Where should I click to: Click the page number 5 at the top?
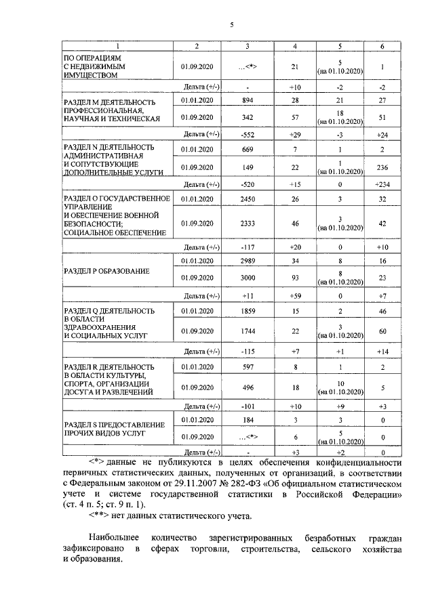[231, 25]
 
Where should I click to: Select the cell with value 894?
[248, 100]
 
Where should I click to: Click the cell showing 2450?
[248, 200]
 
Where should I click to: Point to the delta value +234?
[382, 185]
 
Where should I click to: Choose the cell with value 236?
[382, 168]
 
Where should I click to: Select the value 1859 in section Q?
[248, 311]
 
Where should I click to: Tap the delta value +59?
[295, 296]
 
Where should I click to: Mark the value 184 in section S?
[248, 421]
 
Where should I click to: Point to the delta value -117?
[248, 247]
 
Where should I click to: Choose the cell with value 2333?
[248, 223]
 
